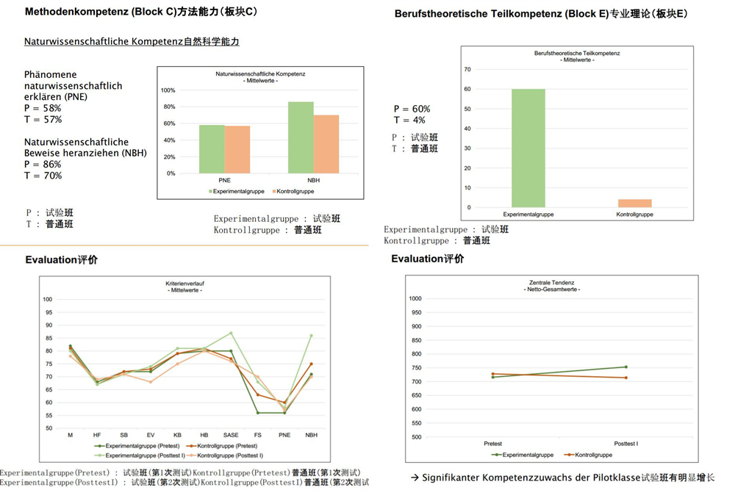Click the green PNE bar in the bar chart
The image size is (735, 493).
tap(212, 149)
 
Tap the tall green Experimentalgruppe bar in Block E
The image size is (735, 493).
tap(528, 148)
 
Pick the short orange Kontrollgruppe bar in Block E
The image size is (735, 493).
tap(634, 204)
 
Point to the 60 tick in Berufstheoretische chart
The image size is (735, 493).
tap(467, 89)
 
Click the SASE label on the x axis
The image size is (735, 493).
tap(231, 435)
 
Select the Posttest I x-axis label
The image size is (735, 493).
tap(626, 444)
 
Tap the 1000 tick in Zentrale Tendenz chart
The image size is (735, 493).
tap(415, 298)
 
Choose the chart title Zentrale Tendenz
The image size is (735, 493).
tap(551, 282)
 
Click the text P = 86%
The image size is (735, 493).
tap(43, 165)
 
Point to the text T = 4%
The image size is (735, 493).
tap(409, 120)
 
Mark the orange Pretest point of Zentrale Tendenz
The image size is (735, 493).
tap(493, 374)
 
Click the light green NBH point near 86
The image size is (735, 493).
tap(312, 335)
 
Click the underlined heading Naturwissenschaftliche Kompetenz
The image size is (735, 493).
tap(132, 42)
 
